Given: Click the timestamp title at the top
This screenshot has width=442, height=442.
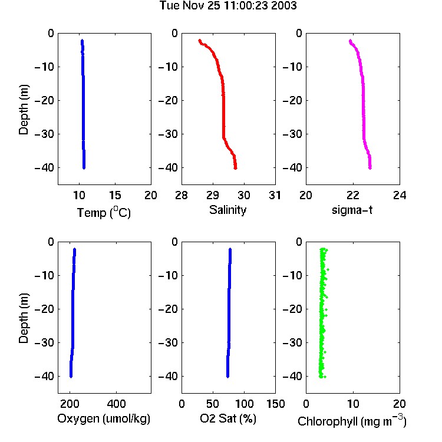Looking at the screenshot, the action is (x=228, y=6).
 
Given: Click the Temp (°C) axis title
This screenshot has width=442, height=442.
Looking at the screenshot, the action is (x=104, y=213).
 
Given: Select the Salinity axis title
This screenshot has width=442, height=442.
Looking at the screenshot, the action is (x=227, y=210).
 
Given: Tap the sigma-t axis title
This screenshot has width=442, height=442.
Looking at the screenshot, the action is (x=352, y=210).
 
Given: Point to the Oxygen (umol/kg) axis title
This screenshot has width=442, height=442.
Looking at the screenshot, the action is (x=104, y=419).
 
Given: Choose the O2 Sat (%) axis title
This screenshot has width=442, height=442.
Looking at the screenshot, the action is (x=228, y=419).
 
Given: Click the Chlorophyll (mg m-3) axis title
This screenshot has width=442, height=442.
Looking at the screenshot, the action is (x=352, y=421).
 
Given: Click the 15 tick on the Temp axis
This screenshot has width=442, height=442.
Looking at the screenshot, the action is (x=115, y=195).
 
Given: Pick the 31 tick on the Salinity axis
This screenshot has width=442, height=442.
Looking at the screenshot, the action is (x=275, y=195).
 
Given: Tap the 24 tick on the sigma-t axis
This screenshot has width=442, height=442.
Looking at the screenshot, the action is (x=400, y=195).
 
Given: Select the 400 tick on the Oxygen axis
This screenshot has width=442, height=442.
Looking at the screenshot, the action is (x=117, y=404).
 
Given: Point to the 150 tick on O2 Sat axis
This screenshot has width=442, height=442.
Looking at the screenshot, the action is (x=276, y=404).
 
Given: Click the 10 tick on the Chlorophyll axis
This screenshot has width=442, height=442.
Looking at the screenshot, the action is (x=353, y=404).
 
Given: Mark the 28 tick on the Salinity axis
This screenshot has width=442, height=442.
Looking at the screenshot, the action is (x=182, y=195).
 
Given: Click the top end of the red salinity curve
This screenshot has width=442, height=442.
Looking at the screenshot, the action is (x=200, y=41).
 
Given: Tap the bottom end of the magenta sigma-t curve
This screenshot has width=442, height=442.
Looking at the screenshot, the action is (x=370, y=168).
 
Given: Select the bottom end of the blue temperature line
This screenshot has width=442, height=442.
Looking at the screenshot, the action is (x=84, y=168).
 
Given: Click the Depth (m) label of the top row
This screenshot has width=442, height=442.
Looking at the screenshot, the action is (x=24, y=110).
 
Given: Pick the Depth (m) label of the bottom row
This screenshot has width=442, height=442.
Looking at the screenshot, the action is (x=24, y=318).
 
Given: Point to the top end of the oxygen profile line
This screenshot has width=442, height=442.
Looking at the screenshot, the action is (x=75, y=249).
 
